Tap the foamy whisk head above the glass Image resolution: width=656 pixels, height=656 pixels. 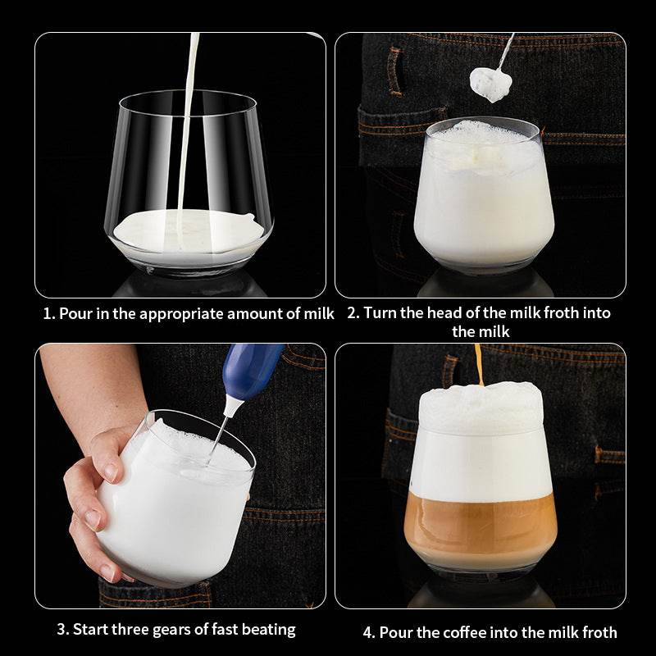tap(491, 83)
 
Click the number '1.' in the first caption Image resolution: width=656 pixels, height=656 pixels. tap(48, 314)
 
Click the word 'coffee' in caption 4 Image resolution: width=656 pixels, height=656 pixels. tap(462, 631)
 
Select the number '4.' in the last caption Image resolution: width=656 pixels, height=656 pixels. tap(370, 631)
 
